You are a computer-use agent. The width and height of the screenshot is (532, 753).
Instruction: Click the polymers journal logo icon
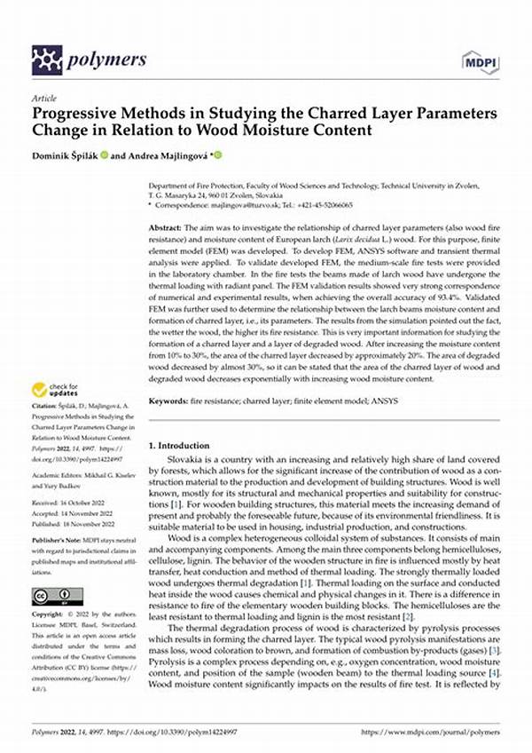click(47, 60)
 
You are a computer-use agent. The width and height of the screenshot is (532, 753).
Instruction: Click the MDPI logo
click(480, 60)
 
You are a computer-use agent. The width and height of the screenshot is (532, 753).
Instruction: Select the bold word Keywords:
click(170, 401)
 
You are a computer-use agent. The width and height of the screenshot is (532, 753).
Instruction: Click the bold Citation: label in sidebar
click(45, 408)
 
